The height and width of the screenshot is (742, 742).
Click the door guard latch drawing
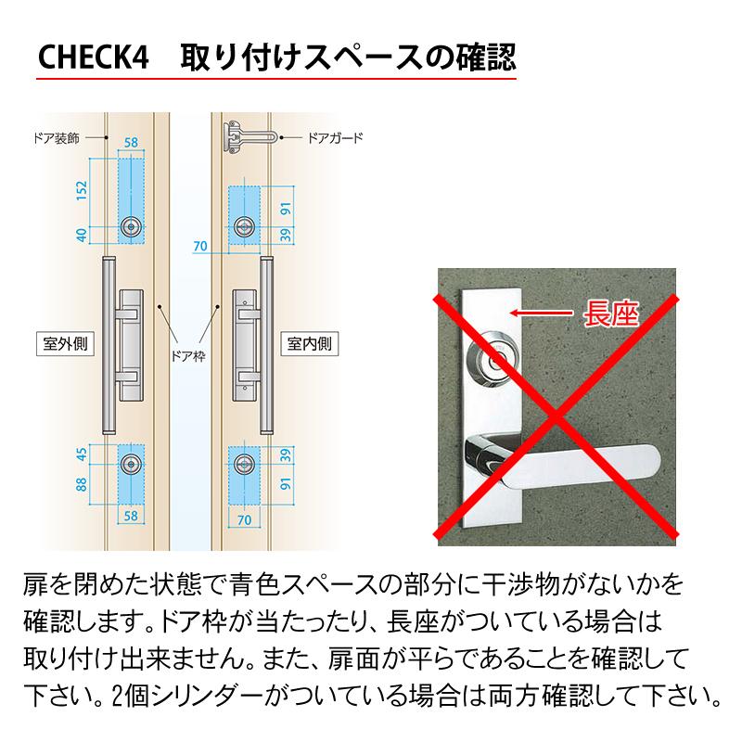pos(245,136)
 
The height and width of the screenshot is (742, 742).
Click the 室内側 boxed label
pos(310,344)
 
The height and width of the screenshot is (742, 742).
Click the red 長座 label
pos(609,313)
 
